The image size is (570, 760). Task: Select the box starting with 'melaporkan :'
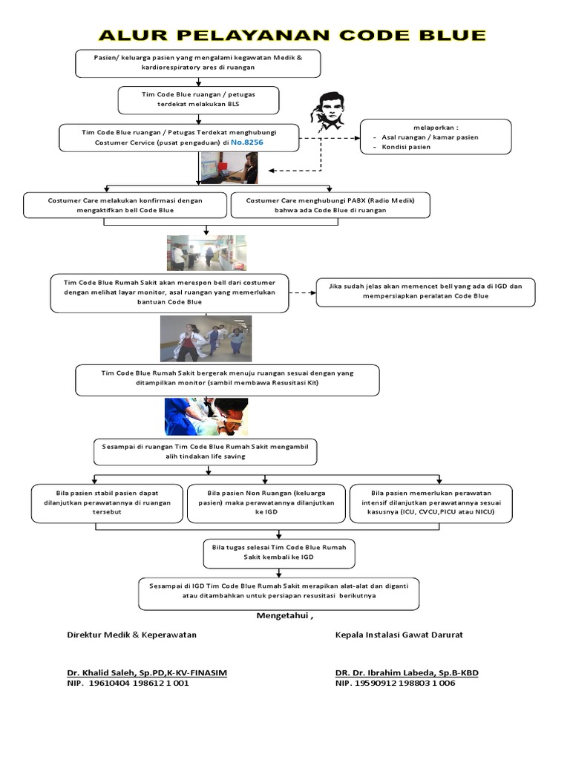[x=436, y=137]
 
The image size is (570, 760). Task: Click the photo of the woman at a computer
[x=228, y=168]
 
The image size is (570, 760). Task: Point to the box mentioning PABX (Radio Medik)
[x=330, y=205]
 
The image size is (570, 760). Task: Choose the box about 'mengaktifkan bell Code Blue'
[x=125, y=205]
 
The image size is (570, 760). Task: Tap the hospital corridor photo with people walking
[x=206, y=253]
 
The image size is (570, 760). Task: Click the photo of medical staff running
[x=206, y=338]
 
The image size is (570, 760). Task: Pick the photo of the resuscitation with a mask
[x=206, y=416]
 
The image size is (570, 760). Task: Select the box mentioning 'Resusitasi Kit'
[x=227, y=380]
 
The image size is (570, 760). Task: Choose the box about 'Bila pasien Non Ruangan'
[x=266, y=502]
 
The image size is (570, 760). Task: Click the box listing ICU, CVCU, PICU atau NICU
[x=430, y=502]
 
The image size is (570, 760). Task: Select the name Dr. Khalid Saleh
[x=147, y=672]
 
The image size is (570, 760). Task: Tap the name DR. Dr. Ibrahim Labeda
[x=407, y=672]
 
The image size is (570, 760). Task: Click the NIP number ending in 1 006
[x=396, y=683]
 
